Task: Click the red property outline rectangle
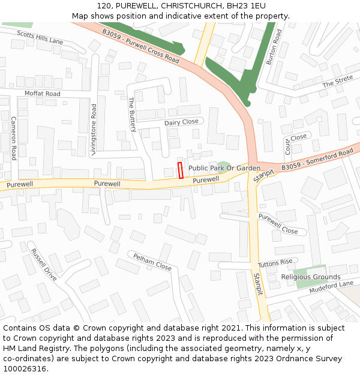coord(180,170)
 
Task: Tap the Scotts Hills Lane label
coord(40,37)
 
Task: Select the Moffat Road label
coord(42,94)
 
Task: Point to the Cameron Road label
coord(13,138)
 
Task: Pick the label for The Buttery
coord(132,115)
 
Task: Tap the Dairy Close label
coord(181,122)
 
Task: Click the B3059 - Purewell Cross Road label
coord(140,47)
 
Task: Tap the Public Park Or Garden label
coord(224,169)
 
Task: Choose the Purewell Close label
coord(278,224)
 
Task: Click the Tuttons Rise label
coord(275,263)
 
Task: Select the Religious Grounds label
coord(311,277)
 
